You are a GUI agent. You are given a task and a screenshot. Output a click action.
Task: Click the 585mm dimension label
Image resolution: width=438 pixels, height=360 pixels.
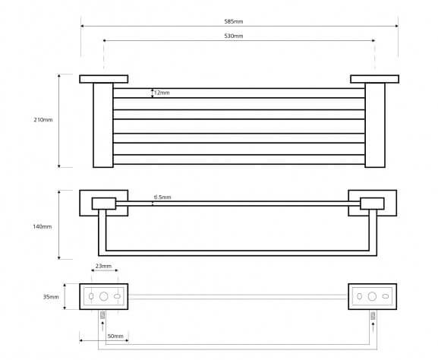point(234,21)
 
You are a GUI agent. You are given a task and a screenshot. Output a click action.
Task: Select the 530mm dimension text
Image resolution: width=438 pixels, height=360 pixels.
point(234,36)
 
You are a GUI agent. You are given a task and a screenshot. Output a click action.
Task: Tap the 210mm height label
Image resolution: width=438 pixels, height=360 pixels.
point(43,120)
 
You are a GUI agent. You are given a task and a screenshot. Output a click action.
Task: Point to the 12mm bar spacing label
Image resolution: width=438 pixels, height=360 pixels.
point(162,93)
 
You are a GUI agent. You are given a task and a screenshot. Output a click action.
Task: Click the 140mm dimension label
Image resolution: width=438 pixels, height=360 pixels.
point(43,226)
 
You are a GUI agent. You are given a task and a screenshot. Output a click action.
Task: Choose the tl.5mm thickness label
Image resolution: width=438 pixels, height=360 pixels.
point(162,197)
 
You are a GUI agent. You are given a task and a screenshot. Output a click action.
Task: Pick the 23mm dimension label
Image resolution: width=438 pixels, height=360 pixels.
point(103,266)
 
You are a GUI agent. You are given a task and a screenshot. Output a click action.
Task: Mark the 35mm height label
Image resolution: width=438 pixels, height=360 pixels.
point(51,297)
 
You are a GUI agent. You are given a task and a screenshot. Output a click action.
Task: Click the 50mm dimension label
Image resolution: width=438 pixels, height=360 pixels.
point(115,336)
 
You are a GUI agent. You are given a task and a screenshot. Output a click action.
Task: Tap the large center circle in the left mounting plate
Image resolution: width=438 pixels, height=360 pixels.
point(104,296)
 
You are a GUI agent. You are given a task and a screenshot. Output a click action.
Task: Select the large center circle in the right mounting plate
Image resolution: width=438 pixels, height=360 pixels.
point(372,296)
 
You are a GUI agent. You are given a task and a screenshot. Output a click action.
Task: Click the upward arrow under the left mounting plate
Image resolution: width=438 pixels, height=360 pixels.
point(102,326)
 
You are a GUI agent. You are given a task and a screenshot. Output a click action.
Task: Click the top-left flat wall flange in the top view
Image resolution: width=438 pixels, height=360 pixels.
point(104,79)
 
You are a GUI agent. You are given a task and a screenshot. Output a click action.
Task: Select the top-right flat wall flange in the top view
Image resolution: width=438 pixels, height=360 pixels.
point(374,79)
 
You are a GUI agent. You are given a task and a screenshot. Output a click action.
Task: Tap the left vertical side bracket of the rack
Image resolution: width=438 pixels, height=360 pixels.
point(103,125)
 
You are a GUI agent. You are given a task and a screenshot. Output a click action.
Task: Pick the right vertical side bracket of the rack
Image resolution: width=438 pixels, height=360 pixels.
point(375,125)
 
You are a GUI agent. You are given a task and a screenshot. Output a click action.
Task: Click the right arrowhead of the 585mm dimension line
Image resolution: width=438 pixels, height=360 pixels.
point(397,26)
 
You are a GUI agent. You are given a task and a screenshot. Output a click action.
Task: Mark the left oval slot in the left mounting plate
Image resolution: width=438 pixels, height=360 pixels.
point(91,296)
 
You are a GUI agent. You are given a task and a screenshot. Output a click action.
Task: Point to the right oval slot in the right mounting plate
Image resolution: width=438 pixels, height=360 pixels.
point(386,296)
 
